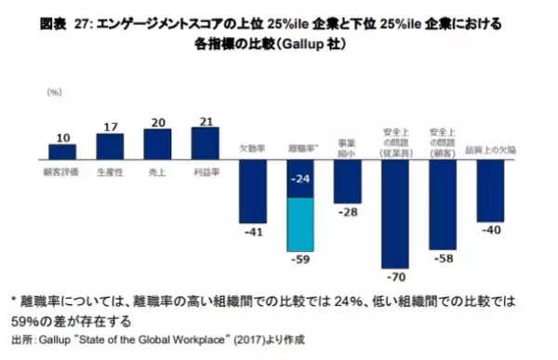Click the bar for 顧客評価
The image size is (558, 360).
click(x=62, y=151)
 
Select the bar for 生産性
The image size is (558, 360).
click(x=110, y=146)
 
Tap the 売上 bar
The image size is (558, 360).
click(x=157, y=143)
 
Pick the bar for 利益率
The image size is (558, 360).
click(x=205, y=142)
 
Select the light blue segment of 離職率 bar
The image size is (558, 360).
click(x=300, y=221)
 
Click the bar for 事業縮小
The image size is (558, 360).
click(x=348, y=180)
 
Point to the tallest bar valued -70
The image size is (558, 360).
click(x=395, y=213)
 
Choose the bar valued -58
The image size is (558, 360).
click(x=443, y=204)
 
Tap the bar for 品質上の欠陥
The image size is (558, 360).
click(x=490, y=190)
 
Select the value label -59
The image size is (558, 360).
click(x=300, y=258)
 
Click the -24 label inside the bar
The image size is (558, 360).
click(x=300, y=177)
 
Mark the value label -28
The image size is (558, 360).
click(x=348, y=213)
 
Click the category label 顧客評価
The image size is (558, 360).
click(x=62, y=172)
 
